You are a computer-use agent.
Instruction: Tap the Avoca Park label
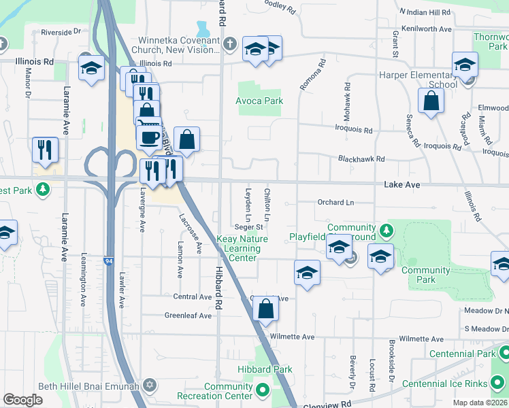click(x=259, y=101)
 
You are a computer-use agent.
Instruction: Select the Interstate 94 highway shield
click(x=109, y=260)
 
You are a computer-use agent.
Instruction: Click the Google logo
click(x=22, y=400)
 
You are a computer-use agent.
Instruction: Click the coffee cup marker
click(x=149, y=137)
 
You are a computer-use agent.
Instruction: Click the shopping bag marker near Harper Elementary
click(x=431, y=101)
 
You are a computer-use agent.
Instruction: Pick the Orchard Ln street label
click(x=336, y=203)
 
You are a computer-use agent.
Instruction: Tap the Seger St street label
click(x=249, y=227)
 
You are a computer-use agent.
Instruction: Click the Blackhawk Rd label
click(x=362, y=158)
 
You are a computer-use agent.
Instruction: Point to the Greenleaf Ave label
click(x=188, y=316)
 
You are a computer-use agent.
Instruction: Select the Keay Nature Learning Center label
click(x=242, y=248)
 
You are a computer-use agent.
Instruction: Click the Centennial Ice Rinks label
click(x=445, y=384)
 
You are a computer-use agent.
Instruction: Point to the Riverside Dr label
click(x=61, y=32)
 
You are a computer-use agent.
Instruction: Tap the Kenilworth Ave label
click(x=427, y=29)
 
